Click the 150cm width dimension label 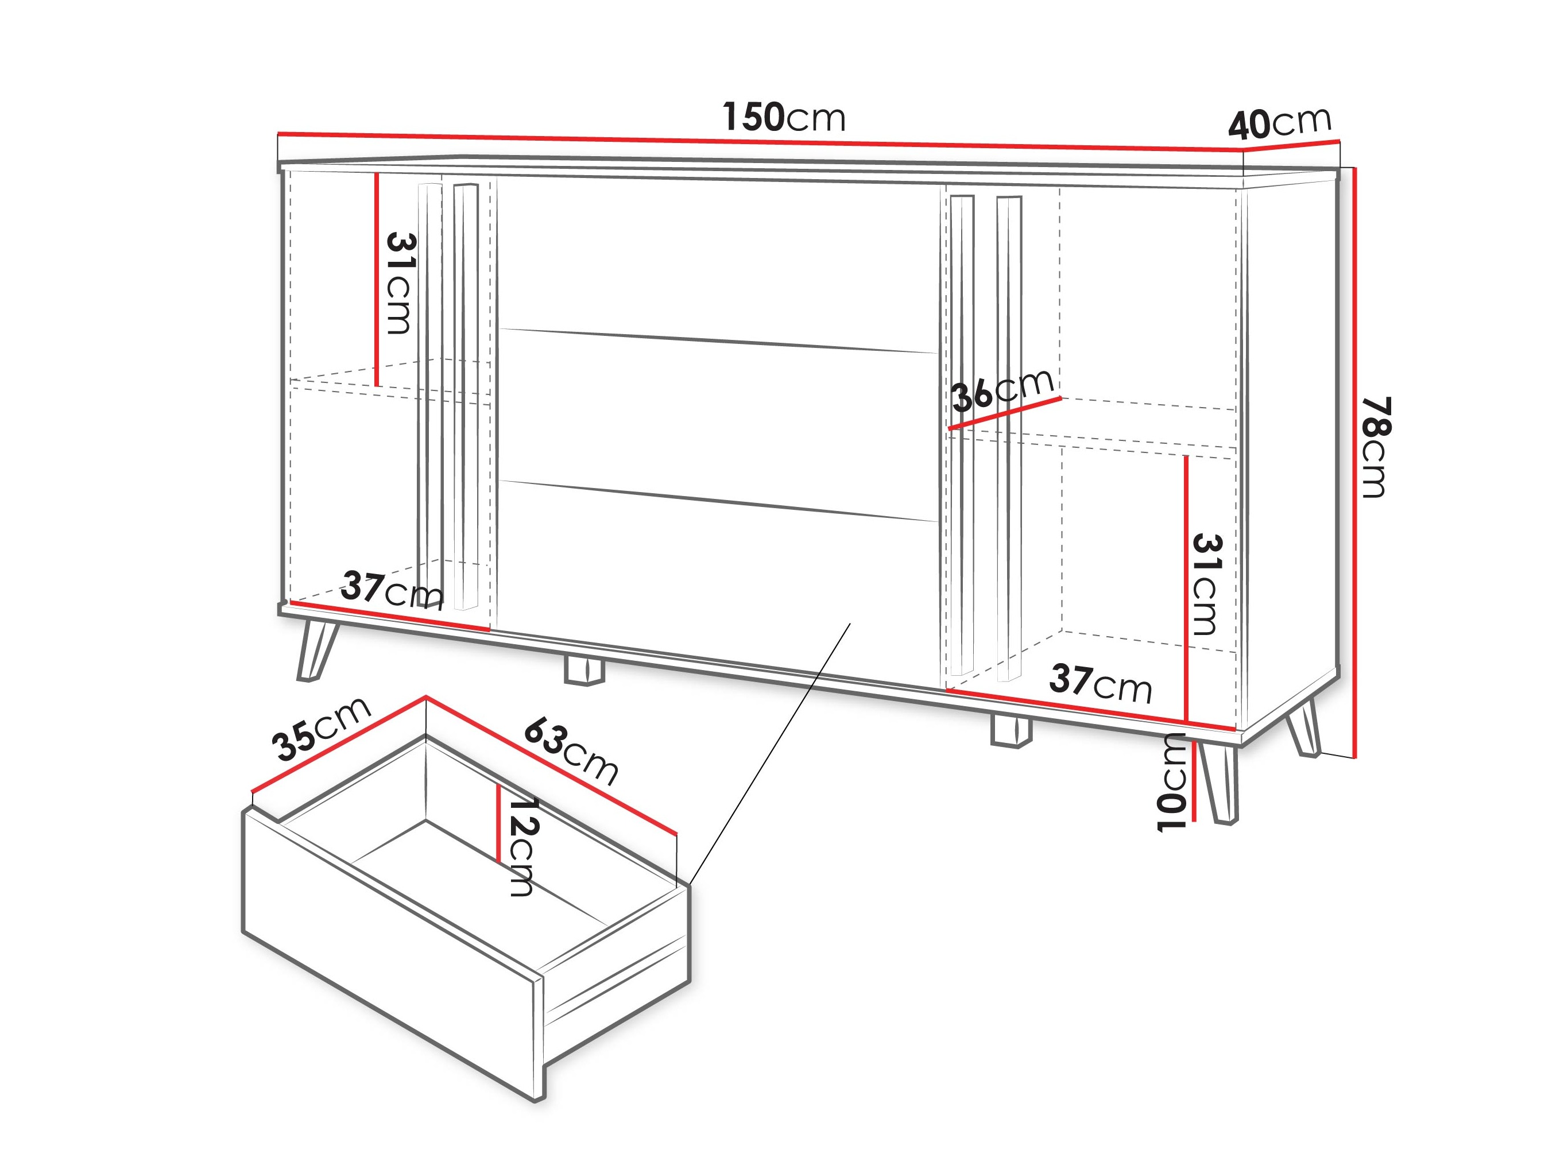click(x=783, y=117)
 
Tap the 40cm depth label click(x=1280, y=124)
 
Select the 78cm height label click(x=1376, y=447)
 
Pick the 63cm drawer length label click(x=571, y=751)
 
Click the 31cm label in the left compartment click(x=400, y=283)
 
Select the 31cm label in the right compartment click(x=1207, y=584)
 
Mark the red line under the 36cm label click(x=1005, y=413)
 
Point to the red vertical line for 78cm click(x=1354, y=462)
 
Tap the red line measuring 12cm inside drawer click(x=499, y=823)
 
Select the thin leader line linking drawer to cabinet click(x=769, y=753)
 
